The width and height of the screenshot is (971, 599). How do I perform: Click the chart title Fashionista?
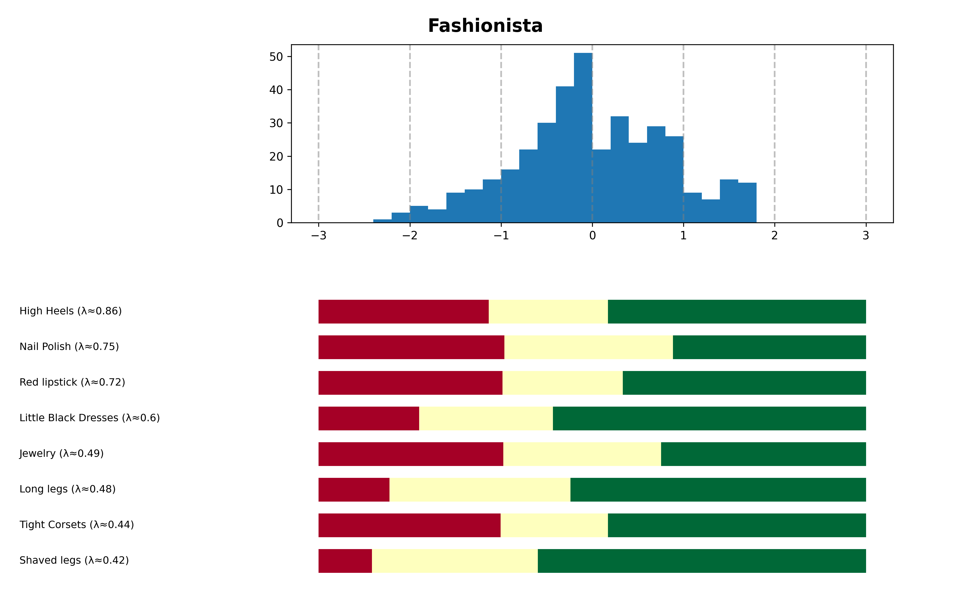(485, 26)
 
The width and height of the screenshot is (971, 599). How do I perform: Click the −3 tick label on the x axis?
(318, 236)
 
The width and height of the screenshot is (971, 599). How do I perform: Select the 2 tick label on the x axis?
(775, 236)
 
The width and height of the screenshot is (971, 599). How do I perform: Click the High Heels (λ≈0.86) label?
(70, 311)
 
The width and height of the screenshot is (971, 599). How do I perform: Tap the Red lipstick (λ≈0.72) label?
(72, 383)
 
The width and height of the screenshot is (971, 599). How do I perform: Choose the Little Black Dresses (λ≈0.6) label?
(90, 418)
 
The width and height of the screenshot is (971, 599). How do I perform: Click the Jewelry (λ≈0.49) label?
(61, 454)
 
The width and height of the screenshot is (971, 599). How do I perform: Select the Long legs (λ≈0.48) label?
(67, 489)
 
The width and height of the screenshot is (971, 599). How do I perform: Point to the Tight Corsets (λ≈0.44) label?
(76, 525)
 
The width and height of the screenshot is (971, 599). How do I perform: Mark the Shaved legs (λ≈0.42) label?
(74, 561)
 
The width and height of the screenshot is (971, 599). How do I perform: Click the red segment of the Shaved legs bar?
(345, 561)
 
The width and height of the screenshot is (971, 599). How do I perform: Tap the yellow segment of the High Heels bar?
(548, 312)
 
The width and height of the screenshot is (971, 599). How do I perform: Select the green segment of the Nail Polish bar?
(769, 348)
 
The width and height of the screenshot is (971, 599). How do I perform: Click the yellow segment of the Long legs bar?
(480, 490)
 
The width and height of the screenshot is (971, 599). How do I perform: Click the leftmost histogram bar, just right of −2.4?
(382, 221)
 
